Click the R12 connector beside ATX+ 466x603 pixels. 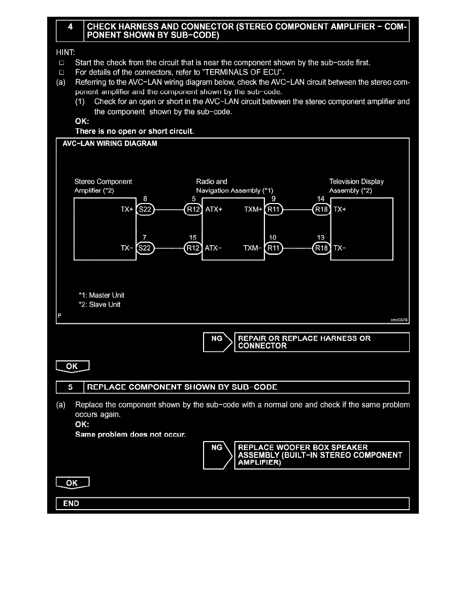click(x=193, y=209)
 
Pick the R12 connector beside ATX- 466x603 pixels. click(x=193, y=248)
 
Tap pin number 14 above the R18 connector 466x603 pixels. click(x=321, y=199)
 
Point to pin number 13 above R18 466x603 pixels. click(x=321, y=238)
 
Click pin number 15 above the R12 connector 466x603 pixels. click(x=192, y=238)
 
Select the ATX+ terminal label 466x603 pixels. click(x=214, y=209)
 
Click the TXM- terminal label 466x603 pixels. click(x=252, y=248)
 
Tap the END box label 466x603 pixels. click(x=71, y=504)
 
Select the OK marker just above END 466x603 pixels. click(x=73, y=483)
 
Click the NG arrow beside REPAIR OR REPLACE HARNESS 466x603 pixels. click(x=217, y=342)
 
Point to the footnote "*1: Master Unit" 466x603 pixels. click(x=101, y=295)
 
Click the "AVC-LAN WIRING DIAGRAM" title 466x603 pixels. click(x=110, y=144)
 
